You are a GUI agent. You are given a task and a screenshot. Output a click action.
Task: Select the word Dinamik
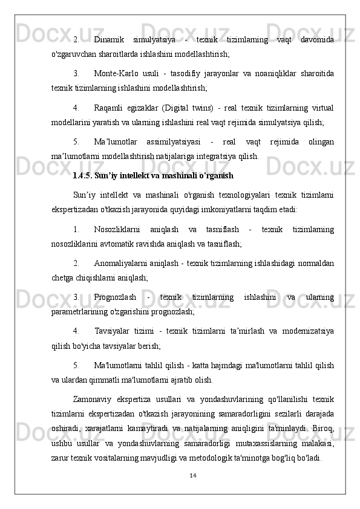pos(110,39)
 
